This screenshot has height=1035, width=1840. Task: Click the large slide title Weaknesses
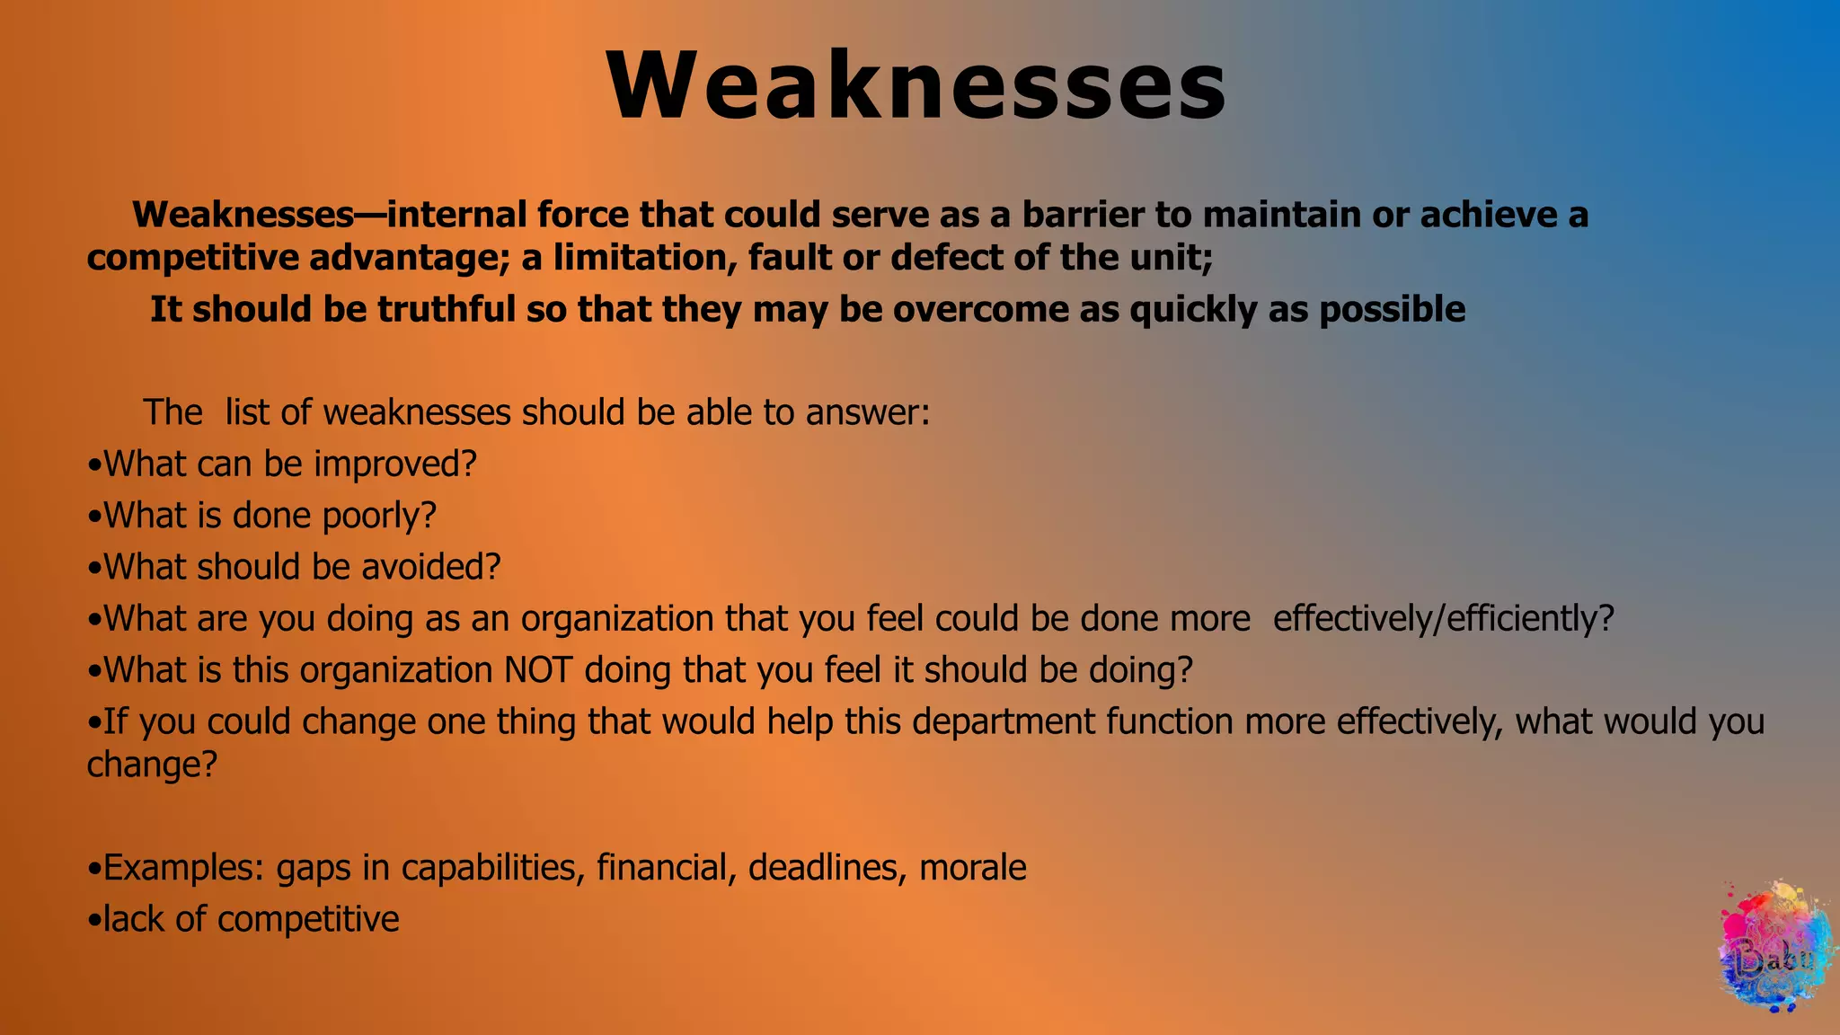916,87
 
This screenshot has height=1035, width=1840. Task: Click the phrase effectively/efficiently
1443,619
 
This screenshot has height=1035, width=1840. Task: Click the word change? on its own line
152,765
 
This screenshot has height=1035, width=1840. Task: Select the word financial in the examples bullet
662,868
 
